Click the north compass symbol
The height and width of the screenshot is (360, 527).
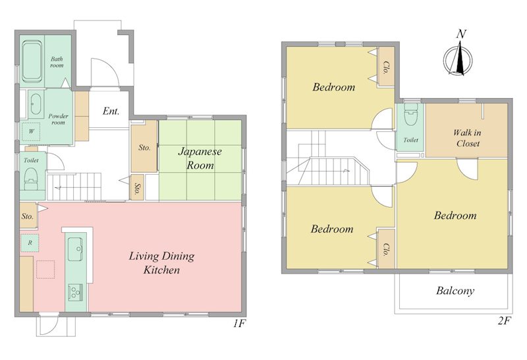click(458, 58)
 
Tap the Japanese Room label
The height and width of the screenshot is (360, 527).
click(200, 158)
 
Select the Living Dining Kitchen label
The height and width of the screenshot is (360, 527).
click(161, 263)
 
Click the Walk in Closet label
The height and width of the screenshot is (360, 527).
click(467, 138)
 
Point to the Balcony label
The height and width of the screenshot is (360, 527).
click(455, 291)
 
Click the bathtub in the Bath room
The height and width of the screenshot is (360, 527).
click(32, 61)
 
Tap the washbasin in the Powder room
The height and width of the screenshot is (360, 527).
click(35, 104)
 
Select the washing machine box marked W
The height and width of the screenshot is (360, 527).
click(31, 132)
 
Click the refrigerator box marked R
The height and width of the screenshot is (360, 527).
click(30, 243)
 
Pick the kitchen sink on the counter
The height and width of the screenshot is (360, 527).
click(76, 249)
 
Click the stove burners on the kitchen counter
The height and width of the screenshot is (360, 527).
click(76, 292)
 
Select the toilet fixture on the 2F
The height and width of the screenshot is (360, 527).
click(410, 114)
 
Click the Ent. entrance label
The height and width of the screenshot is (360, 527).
click(111, 111)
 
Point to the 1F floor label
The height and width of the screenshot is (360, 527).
click(240, 324)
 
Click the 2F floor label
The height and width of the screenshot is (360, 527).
click(505, 321)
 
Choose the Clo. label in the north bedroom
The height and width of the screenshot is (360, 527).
click(386, 68)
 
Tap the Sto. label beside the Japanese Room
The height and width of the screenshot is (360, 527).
click(144, 148)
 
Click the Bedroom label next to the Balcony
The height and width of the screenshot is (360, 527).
click(455, 216)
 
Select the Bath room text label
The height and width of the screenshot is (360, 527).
click(57, 62)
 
